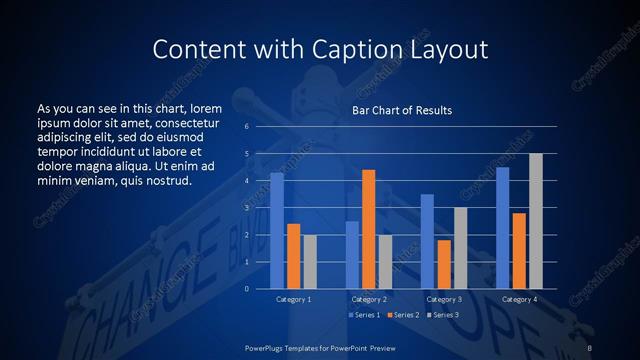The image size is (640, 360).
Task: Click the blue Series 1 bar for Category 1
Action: tap(277, 231)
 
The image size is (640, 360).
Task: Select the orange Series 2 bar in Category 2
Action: tap(368, 229)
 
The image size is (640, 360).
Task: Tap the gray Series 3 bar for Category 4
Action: tap(536, 221)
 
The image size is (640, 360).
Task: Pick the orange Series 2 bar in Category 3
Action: tap(444, 264)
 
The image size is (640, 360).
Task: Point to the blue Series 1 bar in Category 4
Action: tap(502, 228)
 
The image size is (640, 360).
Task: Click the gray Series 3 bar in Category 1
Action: tap(310, 262)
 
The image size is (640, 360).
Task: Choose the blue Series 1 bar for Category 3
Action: tap(427, 241)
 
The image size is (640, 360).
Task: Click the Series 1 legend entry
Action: tap(364, 315)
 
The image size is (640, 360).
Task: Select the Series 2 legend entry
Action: tap(402, 315)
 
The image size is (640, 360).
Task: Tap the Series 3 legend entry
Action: tap(441, 315)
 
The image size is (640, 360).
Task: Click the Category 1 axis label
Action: tap(293, 299)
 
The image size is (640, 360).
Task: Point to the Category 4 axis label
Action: tap(519, 299)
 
